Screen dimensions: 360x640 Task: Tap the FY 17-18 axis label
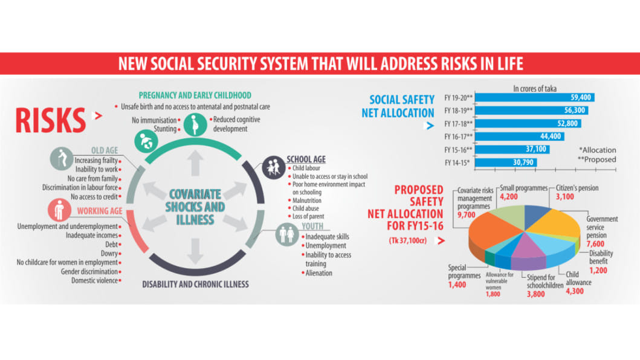tap(458, 124)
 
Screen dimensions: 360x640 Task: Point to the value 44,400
tap(548, 137)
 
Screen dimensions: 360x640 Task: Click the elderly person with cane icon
tap(59, 159)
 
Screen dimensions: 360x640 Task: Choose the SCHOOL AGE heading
tap(306, 159)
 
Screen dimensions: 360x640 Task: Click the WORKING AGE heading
tap(99, 211)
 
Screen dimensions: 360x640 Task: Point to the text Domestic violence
tap(94, 280)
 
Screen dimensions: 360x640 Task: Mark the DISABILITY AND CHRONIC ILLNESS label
tap(195, 284)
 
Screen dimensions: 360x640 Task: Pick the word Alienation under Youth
tap(318, 273)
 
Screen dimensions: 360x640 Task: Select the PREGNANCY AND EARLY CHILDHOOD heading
tap(195, 95)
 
